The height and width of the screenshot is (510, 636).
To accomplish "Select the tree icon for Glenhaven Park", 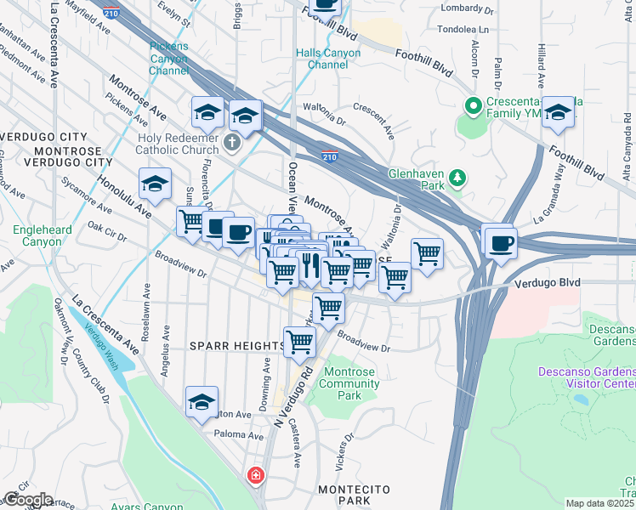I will click(x=458, y=177).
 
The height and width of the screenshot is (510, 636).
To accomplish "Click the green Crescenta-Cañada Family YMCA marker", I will click(x=473, y=107).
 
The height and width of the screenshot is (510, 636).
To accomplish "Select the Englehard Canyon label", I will click(x=37, y=235).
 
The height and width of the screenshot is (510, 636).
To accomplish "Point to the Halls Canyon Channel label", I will click(x=328, y=59).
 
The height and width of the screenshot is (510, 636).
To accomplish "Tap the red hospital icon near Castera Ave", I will click(x=254, y=476).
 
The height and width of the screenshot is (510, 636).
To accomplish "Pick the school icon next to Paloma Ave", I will click(x=202, y=403).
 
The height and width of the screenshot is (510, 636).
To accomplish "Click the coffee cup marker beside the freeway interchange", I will click(x=499, y=242).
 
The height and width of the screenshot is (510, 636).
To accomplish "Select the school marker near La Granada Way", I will click(x=558, y=112).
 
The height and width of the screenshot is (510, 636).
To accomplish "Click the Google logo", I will click(x=27, y=500).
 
